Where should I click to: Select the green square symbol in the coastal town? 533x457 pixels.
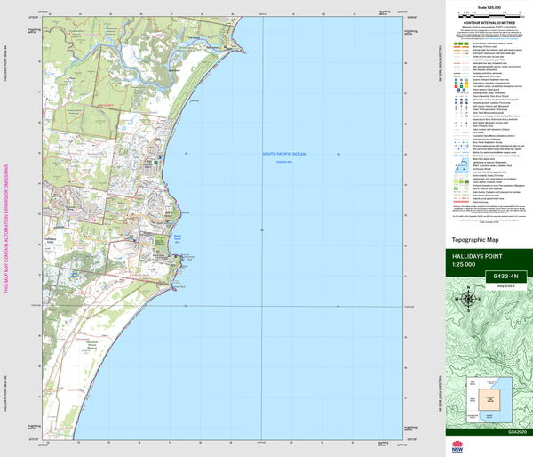coord(158,160)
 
